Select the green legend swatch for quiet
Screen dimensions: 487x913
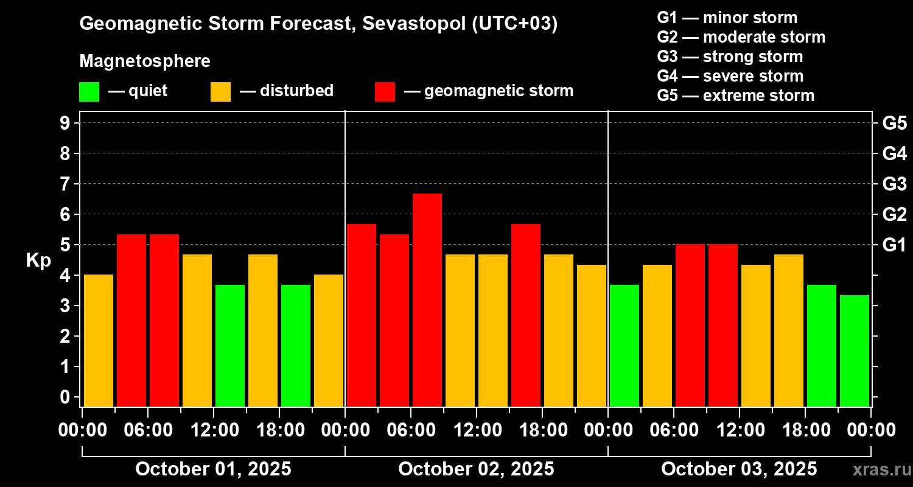(89, 91)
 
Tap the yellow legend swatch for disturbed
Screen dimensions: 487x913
(220, 91)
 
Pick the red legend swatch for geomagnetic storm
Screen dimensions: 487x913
(385, 91)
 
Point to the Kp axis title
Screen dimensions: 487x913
(38, 260)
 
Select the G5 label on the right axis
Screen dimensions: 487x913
(894, 123)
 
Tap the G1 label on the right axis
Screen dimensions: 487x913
(894, 245)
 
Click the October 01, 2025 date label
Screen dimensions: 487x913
(213, 469)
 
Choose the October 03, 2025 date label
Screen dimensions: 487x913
(739, 469)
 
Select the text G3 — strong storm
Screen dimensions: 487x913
(730, 57)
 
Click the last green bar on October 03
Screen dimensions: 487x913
(854, 351)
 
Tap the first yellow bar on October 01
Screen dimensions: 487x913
(99, 340)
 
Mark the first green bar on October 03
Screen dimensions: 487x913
(624, 345)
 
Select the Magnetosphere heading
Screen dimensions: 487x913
(145, 61)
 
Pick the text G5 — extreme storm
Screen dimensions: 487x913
(735, 96)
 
